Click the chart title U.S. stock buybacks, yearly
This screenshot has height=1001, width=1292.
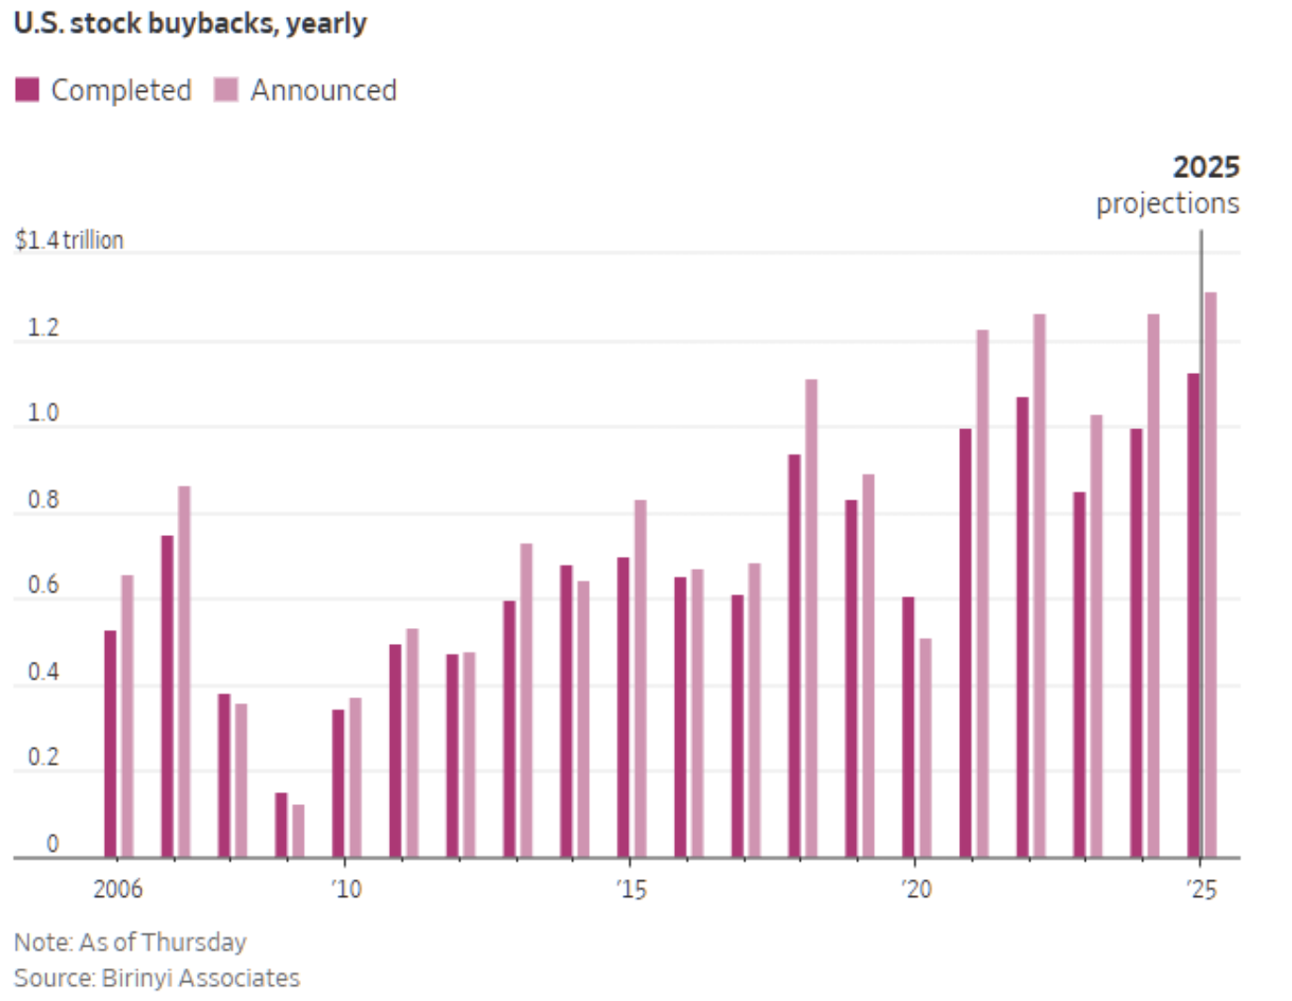[x=190, y=22]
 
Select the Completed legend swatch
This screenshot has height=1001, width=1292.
[x=27, y=90]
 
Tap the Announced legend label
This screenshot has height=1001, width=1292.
[x=323, y=90]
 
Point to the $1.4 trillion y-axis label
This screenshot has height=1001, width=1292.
[x=69, y=240]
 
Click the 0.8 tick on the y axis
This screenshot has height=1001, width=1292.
[x=43, y=500]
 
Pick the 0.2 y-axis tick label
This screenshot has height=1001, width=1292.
[x=43, y=756]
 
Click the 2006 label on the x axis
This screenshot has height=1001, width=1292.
[x=117, y=889]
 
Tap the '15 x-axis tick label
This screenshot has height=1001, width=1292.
[x=631, y=889]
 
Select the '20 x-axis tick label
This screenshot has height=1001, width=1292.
[x=916, y=889]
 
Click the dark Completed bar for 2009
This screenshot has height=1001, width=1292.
[x=280, y=825]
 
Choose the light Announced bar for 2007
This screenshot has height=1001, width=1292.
[x=184, y=670]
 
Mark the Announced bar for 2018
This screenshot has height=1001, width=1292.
[x=811, y=619]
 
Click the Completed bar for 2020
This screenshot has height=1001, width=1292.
[x=908, y=726]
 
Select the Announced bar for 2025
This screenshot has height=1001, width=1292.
[x=1210, y=574]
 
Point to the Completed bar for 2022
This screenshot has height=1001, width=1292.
[x=1022, y=626]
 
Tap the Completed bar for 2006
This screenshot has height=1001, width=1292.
[x=110, y=743]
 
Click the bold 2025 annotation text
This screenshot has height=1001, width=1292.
[x=1206, y=167]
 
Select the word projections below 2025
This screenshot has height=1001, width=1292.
[x=1167, y=202]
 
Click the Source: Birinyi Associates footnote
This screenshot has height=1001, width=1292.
[x=157, y=978]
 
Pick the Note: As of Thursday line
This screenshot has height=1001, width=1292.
[x=129, y=942]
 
